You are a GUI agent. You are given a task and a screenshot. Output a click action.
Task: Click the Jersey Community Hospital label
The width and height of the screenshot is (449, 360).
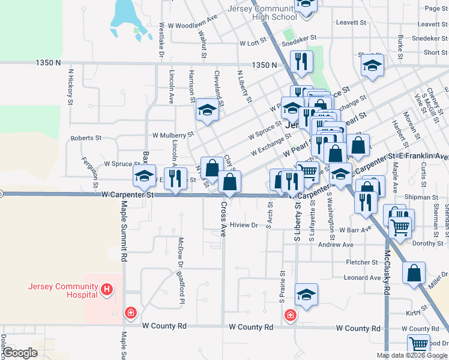click(x=62, y=290)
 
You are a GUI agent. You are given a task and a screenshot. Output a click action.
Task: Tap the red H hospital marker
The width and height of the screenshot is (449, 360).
click(x=107, y=290)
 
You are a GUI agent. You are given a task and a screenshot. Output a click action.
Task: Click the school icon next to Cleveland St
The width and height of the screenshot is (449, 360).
click(x=207, y=110)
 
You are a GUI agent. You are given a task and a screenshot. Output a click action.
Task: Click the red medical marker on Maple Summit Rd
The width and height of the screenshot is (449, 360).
click(x=130, y=313)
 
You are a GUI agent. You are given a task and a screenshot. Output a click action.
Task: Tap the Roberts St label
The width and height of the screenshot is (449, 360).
click(x=86, y=138)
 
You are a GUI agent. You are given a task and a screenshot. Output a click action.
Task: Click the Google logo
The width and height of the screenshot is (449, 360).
click(x=19, y=353)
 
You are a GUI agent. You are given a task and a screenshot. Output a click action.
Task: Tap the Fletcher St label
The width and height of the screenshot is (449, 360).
click(x=361, y=262)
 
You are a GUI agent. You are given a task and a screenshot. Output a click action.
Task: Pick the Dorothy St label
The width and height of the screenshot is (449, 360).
click(x=427, y=243)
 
